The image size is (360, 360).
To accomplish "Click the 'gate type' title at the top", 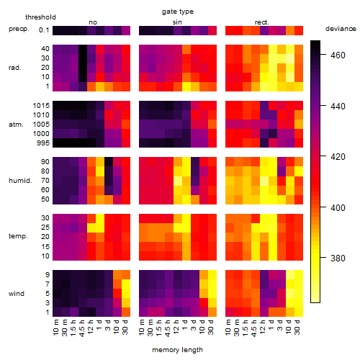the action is [x=178, y=12].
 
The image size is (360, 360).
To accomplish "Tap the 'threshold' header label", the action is [x=40, y=17].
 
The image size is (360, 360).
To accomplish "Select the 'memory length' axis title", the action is [x=177, y=350].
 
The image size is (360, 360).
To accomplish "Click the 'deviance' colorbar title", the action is [x=341, y=29].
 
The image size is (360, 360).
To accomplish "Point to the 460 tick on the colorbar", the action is [x=338, y=55].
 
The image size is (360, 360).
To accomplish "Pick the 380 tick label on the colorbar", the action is [x=338, y=258].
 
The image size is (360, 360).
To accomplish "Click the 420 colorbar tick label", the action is [x=338, y=157].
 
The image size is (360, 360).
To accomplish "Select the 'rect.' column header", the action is [x=261, y=22].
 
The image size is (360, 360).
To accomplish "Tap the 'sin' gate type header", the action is [x=177, y=22].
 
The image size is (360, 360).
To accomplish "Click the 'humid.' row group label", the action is [x=20, y=181].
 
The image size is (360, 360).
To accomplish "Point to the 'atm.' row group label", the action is [x=16, y=125].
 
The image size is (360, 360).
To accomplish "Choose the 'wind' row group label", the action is [x=17, y=294].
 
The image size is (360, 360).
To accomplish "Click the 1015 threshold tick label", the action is [x=41, y=106].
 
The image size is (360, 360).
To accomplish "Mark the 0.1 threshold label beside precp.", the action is [x=44, y=30].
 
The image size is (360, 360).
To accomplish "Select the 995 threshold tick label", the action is [x=43, y=143].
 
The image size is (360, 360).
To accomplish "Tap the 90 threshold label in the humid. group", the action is [x=45, y=162].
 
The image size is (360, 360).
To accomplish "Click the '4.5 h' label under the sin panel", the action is [x=168, y=328].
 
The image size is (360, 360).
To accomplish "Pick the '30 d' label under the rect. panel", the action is [x=297, y=328].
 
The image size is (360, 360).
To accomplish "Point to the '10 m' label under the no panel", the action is [x=55, y=328].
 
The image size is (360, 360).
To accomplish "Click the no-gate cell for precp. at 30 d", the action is [x=126, y=30].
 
